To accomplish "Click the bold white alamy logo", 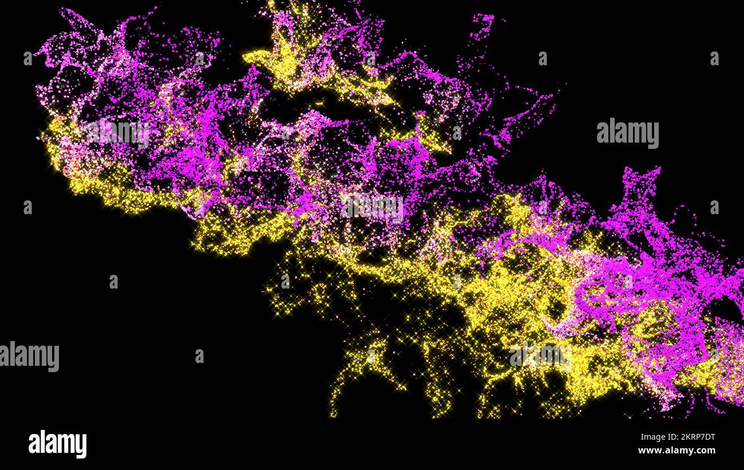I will tap(57, 444).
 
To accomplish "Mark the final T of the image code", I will tap(712, 437).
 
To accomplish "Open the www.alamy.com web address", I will tap(676, 451).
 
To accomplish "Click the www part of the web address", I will tap(647, 451).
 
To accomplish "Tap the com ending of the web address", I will tap(707, 451).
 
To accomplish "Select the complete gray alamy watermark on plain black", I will tap(627, 133).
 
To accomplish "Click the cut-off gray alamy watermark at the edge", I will tap(29, 356).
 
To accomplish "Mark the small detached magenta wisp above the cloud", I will tap(482, 26).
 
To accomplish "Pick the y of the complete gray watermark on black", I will tap(654, 136).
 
